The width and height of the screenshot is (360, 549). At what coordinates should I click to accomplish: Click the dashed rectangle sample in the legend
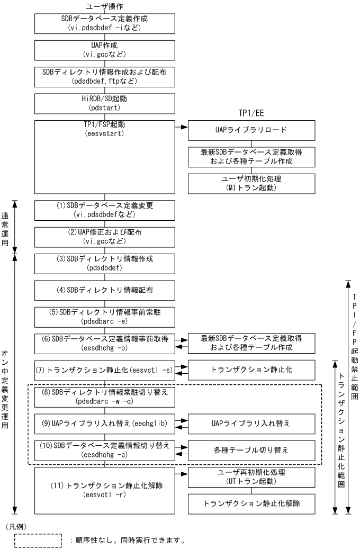tap(39, 541)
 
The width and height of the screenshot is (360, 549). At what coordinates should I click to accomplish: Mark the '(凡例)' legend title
tap(15, 527)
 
